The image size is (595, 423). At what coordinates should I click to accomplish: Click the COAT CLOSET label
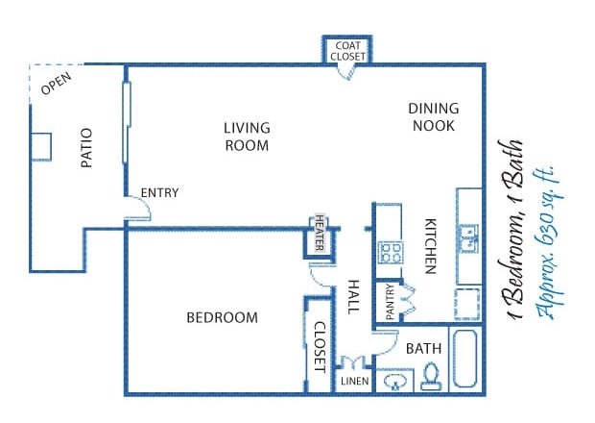click(347, 52)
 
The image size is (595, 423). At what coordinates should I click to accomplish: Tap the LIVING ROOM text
click(247, 137)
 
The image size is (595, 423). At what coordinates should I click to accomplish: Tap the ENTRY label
click(159, 193)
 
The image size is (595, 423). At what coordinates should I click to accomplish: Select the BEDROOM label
click(223, 317)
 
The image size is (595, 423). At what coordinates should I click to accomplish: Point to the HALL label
click(352, 298)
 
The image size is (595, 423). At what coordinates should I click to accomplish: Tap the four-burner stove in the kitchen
click(390, 253)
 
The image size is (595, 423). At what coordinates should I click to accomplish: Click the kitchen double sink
click(467, 236)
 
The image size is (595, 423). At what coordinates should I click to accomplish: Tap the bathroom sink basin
click(393, 382)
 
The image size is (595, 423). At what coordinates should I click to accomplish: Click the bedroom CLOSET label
click(319, 345)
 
